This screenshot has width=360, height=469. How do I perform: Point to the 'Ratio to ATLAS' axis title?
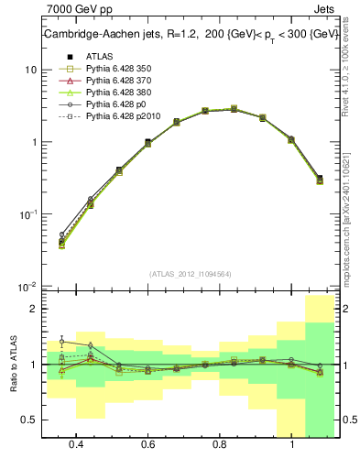13,364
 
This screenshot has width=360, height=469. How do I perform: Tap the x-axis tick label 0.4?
76,446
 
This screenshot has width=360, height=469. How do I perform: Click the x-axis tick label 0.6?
148,446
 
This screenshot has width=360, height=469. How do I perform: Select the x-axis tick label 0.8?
220,446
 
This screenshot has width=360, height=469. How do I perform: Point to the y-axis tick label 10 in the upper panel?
30,71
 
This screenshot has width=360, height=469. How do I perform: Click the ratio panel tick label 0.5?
30,420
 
